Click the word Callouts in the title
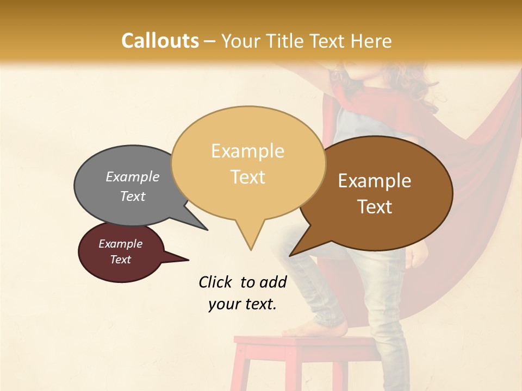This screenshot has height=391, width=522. point(160,41)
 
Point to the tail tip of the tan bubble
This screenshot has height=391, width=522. point(251,249)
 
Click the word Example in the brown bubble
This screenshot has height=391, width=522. point(375,181)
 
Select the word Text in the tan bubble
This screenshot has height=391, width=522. point(248,177)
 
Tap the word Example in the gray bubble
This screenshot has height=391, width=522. point(133,176)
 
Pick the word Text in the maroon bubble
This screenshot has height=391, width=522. point(121,260)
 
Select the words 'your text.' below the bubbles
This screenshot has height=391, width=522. point(243,304)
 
